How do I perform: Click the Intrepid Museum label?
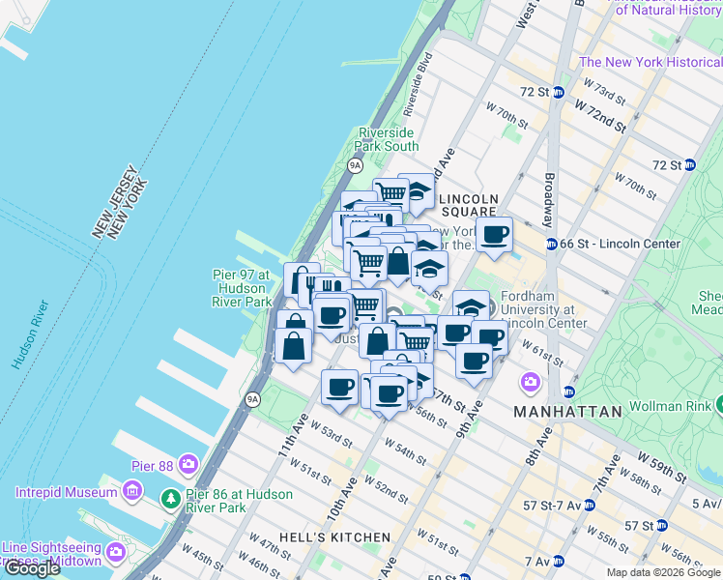pyautogui.click(x=66, y=493)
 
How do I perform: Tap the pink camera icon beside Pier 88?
pyautogui.click(x=188, y=466)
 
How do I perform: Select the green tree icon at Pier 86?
pyautogui.click(x=170, y=496)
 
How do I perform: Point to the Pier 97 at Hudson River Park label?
pyautogui.click(x=242, y=288)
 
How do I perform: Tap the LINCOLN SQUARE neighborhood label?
pyautogui.click(x=469, y=204)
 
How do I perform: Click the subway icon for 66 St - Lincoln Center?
pyautogui.click(x=551, y=245)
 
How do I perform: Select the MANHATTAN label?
pyautogui.click(x=567, y=412)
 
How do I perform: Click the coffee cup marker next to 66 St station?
pyautogui.click(x=494, y=235)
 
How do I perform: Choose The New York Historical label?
pyautogui.click(x=649, y=63)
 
